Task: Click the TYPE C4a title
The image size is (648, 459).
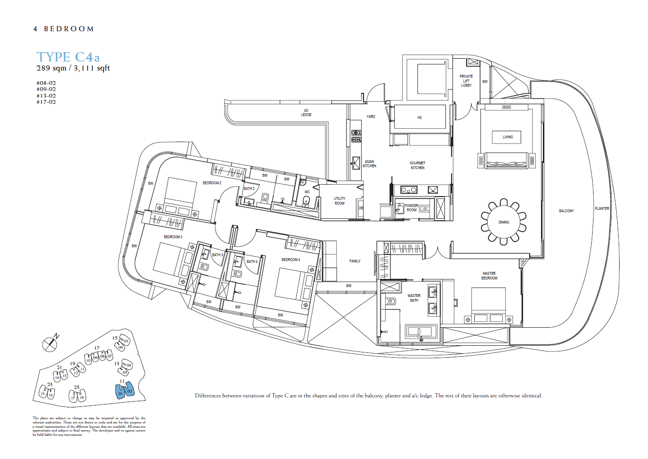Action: coord(68,57)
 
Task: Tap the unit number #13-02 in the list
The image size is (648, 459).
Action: coord(46,96)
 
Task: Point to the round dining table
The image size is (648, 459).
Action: coord(504,222)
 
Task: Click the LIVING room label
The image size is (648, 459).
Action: coord(507,137)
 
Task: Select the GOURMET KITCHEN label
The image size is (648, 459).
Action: coord(417,165)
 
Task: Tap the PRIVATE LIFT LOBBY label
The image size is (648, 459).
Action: coord(466,81)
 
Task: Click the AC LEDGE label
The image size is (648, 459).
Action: coord(306,113)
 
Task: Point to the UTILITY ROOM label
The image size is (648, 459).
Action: coord(339,201)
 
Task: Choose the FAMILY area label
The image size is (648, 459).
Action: coord(355,261)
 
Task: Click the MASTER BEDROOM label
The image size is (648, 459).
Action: coord(489,276)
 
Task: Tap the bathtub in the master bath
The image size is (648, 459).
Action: coord(420,332)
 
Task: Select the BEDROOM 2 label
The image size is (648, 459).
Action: coord(212,183)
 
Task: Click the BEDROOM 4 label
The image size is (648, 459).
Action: coord(291,260)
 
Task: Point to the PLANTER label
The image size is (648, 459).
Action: coord(602,208)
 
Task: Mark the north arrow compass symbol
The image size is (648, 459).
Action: coord(50,344)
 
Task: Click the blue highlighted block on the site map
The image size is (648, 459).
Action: coord(125,391)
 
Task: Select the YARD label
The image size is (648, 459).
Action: coord(371,117)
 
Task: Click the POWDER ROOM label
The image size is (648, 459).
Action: coord(411,208)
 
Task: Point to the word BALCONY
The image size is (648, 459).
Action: coord(566,211)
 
